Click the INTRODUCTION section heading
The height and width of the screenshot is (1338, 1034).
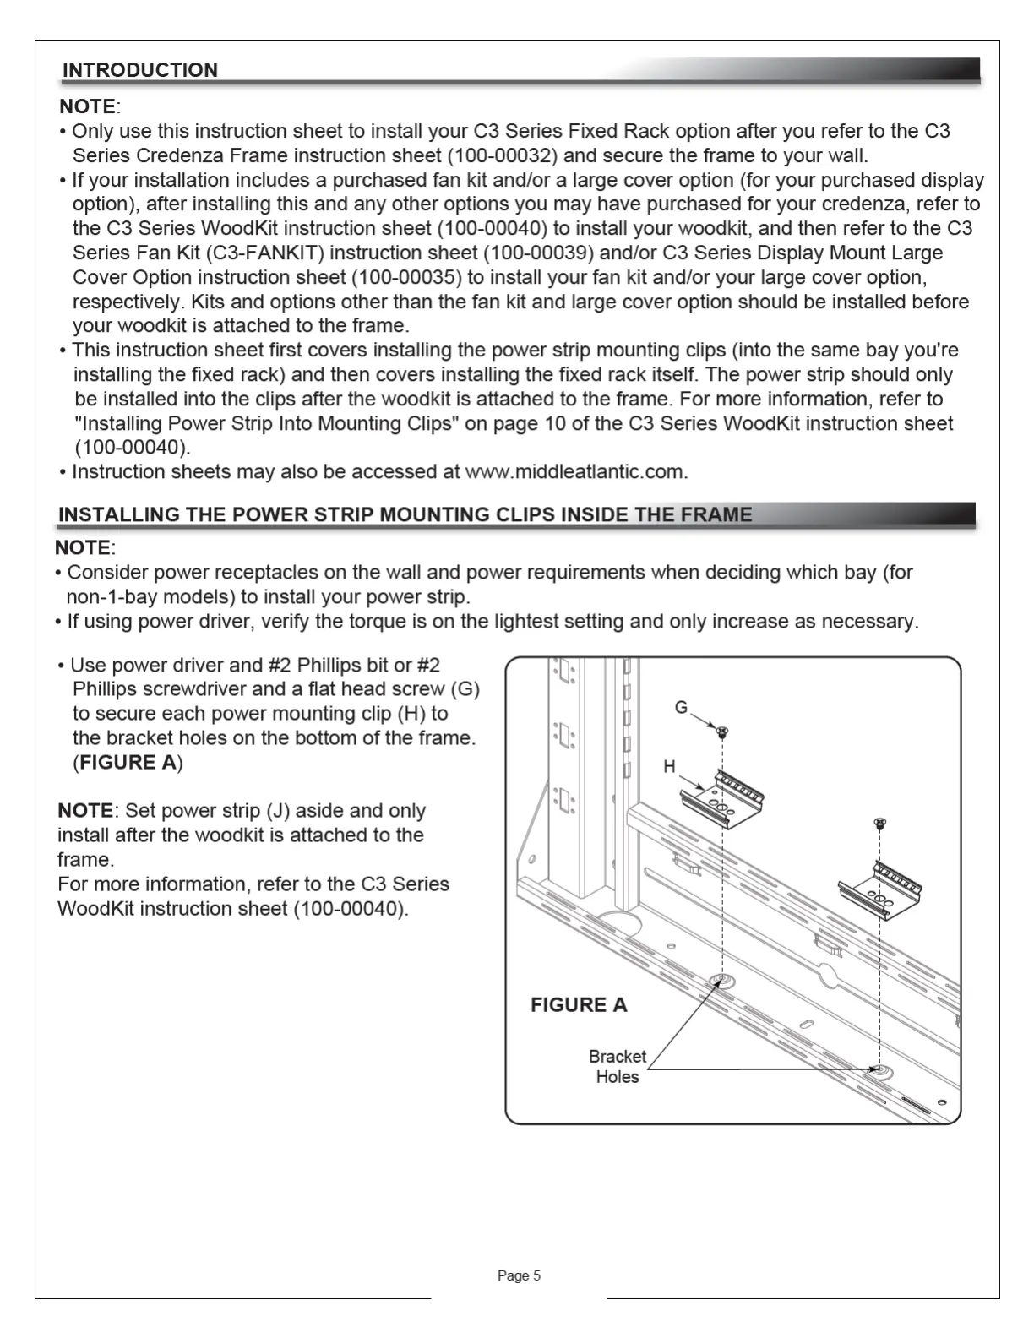click(140, 70)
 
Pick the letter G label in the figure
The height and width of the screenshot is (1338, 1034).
click(681, 708)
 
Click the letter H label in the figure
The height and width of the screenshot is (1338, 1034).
click(669, 766)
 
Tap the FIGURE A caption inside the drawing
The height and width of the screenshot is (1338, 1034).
click(579, 1004)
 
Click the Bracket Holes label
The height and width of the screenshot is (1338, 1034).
click(617, 1066)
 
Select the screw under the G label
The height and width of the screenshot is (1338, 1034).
click(723, 732)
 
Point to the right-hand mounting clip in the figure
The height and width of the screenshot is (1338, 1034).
click(879, 889)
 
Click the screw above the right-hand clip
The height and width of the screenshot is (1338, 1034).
click(879, 821)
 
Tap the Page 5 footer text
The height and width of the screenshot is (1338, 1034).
click(519, 1275)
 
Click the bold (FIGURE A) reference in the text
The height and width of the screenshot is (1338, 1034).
click(128, 762)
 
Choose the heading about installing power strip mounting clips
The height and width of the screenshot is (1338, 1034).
click(405, 514)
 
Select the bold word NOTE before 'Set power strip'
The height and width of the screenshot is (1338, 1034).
click(84, 810)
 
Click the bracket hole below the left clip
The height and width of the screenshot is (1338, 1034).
click(722, 982)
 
